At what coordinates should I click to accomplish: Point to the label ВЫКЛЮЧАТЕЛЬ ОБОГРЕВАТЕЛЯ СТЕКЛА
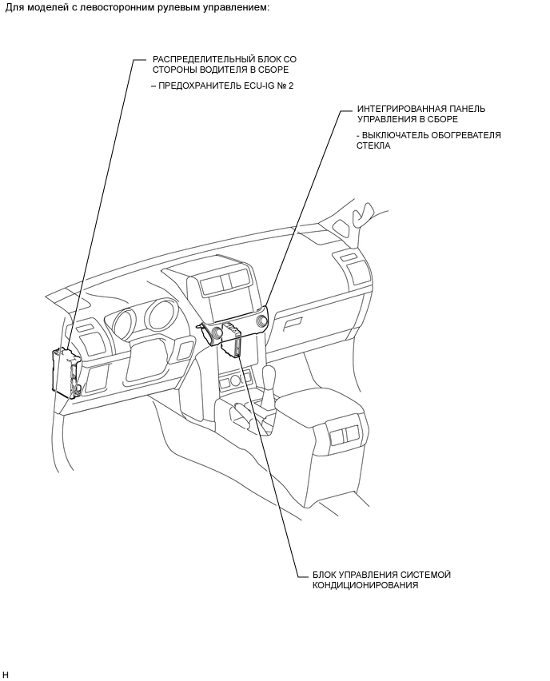click(x=428, y=141)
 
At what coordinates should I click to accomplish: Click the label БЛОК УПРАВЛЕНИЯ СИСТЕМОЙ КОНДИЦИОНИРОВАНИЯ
click(x=375, y=579)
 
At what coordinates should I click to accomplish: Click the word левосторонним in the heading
click(x=137, y=7)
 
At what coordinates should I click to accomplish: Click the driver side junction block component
click(x=65, y=372)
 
